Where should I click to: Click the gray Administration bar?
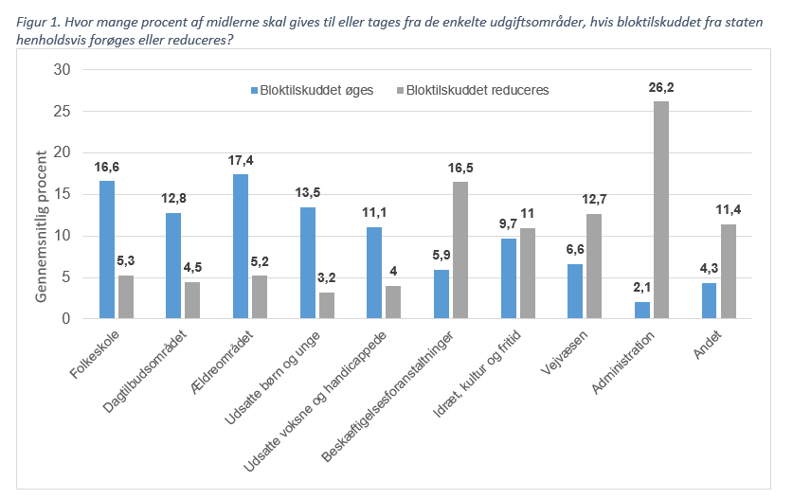coord(660,210)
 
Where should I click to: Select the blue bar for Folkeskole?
coord(106,250)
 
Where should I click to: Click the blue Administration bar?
coord(641,311)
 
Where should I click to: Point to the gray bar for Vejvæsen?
coord(594,266)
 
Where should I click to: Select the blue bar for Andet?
coord(709,301)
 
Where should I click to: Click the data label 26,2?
coord(660,87)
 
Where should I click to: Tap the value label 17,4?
coord(241,160)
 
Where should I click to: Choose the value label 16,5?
coord(460,168)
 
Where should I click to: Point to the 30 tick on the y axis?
coord(63,70)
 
